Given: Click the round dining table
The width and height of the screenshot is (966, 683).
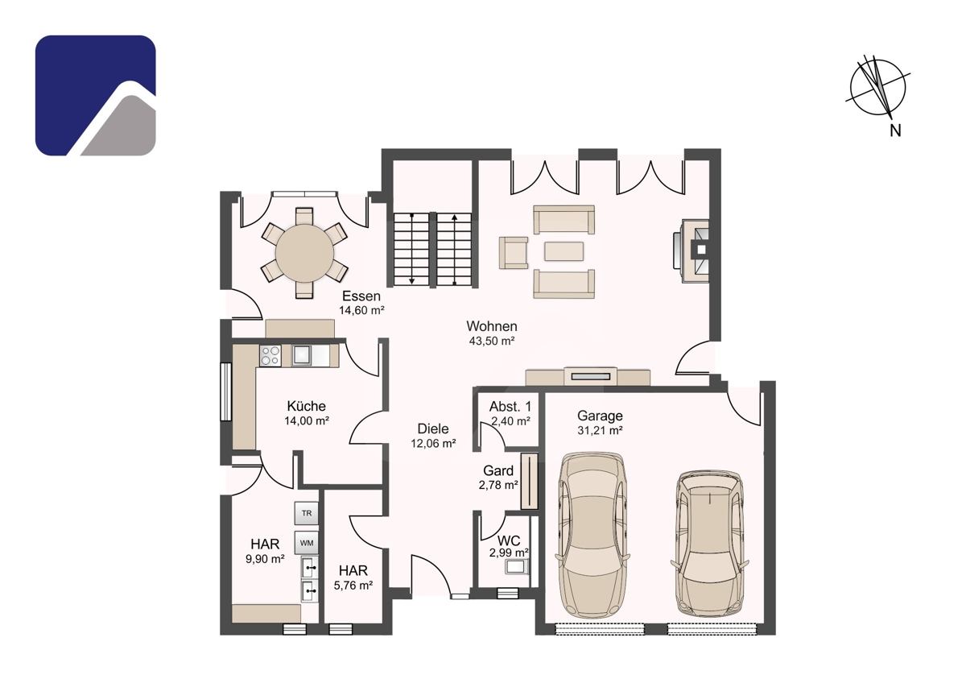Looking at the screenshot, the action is click(304, 253).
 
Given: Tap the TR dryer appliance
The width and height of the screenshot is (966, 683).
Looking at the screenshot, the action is click(306, 513).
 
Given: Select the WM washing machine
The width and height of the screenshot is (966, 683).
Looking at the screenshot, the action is click(306, 543).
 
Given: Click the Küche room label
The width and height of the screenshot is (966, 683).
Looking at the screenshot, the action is click(306, 406).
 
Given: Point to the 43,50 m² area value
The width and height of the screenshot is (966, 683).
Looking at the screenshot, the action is click(492, 341).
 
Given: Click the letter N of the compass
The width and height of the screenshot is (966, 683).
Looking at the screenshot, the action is click(895, 130).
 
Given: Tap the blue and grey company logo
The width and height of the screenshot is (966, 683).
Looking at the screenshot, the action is click(95, 95).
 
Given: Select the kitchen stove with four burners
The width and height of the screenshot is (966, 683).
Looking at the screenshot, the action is click(270, 356).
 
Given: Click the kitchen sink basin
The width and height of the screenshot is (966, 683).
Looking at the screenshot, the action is click(302, 355).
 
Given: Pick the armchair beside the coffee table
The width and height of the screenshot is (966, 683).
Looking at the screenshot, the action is click(514, 253).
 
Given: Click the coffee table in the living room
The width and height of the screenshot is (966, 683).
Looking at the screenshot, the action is click(563, 251).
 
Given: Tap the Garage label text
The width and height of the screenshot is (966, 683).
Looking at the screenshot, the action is click(600, 416).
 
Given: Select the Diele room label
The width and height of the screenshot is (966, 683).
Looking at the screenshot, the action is click(433, 428).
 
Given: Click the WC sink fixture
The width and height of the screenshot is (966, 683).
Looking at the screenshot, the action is click(517, 565).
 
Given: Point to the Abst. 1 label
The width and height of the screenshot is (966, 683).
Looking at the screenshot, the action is click(510, 407).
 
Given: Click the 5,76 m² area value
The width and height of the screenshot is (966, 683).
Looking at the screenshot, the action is click(353, 585).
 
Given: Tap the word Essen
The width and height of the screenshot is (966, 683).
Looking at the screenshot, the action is click(361, 296).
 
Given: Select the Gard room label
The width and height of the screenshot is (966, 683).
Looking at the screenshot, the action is click(498, 470).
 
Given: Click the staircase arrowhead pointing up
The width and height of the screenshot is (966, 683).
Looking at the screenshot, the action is click(454, 217).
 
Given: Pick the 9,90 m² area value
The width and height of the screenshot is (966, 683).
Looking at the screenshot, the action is click(265, 559).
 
